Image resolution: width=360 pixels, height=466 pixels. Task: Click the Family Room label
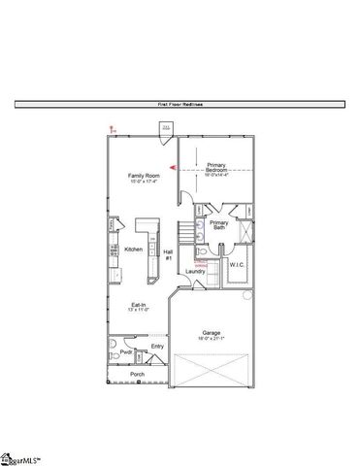pos(143,175)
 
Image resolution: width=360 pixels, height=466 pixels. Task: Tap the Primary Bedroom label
pos(215,167)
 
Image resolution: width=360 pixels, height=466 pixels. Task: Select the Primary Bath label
pos(219,224)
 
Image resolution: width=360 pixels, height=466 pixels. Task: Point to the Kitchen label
pos(134,249)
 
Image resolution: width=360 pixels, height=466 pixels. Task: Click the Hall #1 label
pos(168,254)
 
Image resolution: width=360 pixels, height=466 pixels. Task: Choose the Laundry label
pos(195,271)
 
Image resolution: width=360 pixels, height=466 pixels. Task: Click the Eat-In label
pos(139,305)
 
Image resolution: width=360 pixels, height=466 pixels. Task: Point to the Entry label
pos(157,346)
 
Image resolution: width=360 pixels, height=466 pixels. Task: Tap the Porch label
pos(137,373)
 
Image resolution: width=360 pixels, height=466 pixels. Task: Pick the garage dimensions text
pos(213,338)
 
